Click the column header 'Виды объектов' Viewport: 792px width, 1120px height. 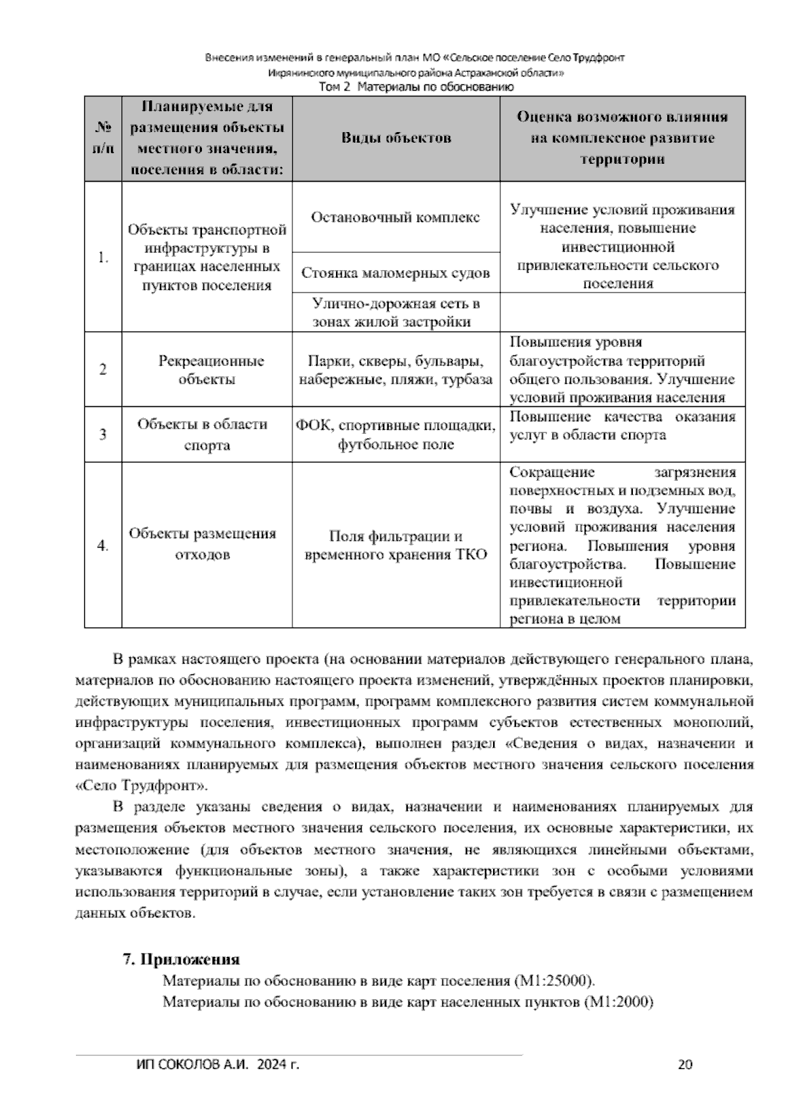(x=396, y=138)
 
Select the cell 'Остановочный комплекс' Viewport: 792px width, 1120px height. (x=396, y=217)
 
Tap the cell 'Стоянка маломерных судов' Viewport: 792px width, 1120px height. (x=396, y=273)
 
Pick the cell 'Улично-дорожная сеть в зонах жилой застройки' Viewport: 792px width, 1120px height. (x=396, y=312)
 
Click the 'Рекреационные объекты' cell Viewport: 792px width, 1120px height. (x=207, y=370)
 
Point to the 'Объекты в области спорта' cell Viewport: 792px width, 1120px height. (x=207, y=435)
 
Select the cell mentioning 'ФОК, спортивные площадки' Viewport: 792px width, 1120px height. (x=396, y=435)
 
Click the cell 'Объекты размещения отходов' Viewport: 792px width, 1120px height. (x=207, y=544)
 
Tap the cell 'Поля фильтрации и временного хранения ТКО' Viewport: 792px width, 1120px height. (x=396, y=545)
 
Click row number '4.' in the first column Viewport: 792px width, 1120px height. (x=103, y=545)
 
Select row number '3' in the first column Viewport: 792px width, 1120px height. (x=103, y=435)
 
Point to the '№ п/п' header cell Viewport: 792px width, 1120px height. (x=103, y=138)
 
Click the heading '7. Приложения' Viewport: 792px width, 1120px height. (x=181, y=960)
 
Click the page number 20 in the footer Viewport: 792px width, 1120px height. (x=685, y=1065)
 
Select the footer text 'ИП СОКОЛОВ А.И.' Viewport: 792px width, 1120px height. (x=191, y=1065)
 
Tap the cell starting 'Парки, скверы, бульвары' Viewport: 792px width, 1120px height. (x=396, y=370)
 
